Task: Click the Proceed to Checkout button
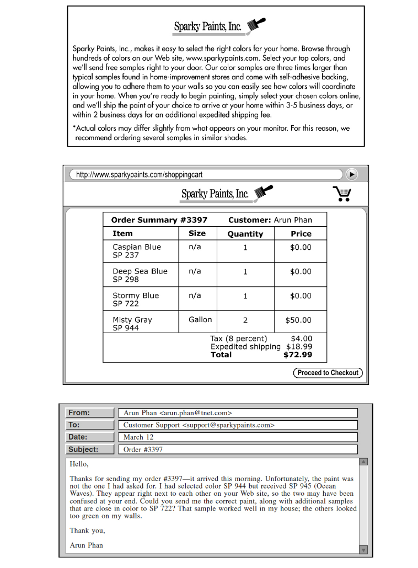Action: (x=328, y=373)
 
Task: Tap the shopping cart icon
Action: (x=342, y=194)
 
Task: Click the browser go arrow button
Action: (x=351, y=174)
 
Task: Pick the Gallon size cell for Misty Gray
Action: (x=200, y=320)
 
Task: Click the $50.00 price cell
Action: (x=298, y=320)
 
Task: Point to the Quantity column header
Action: (x=245, y=234)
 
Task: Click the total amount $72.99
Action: (x=298, y=355)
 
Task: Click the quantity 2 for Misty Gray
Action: (x=245, y=320)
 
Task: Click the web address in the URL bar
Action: (x=140, y=175)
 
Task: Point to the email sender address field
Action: (x=238, y=413)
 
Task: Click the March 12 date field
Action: (x=238, y=437)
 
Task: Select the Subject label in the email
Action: (x=83, y=449)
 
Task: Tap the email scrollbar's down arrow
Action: (x=363, y=549)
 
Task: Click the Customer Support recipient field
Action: (x=238, y=425)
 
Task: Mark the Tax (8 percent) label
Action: (x=238, y=339)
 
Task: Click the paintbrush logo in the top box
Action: (x=256, y=24)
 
